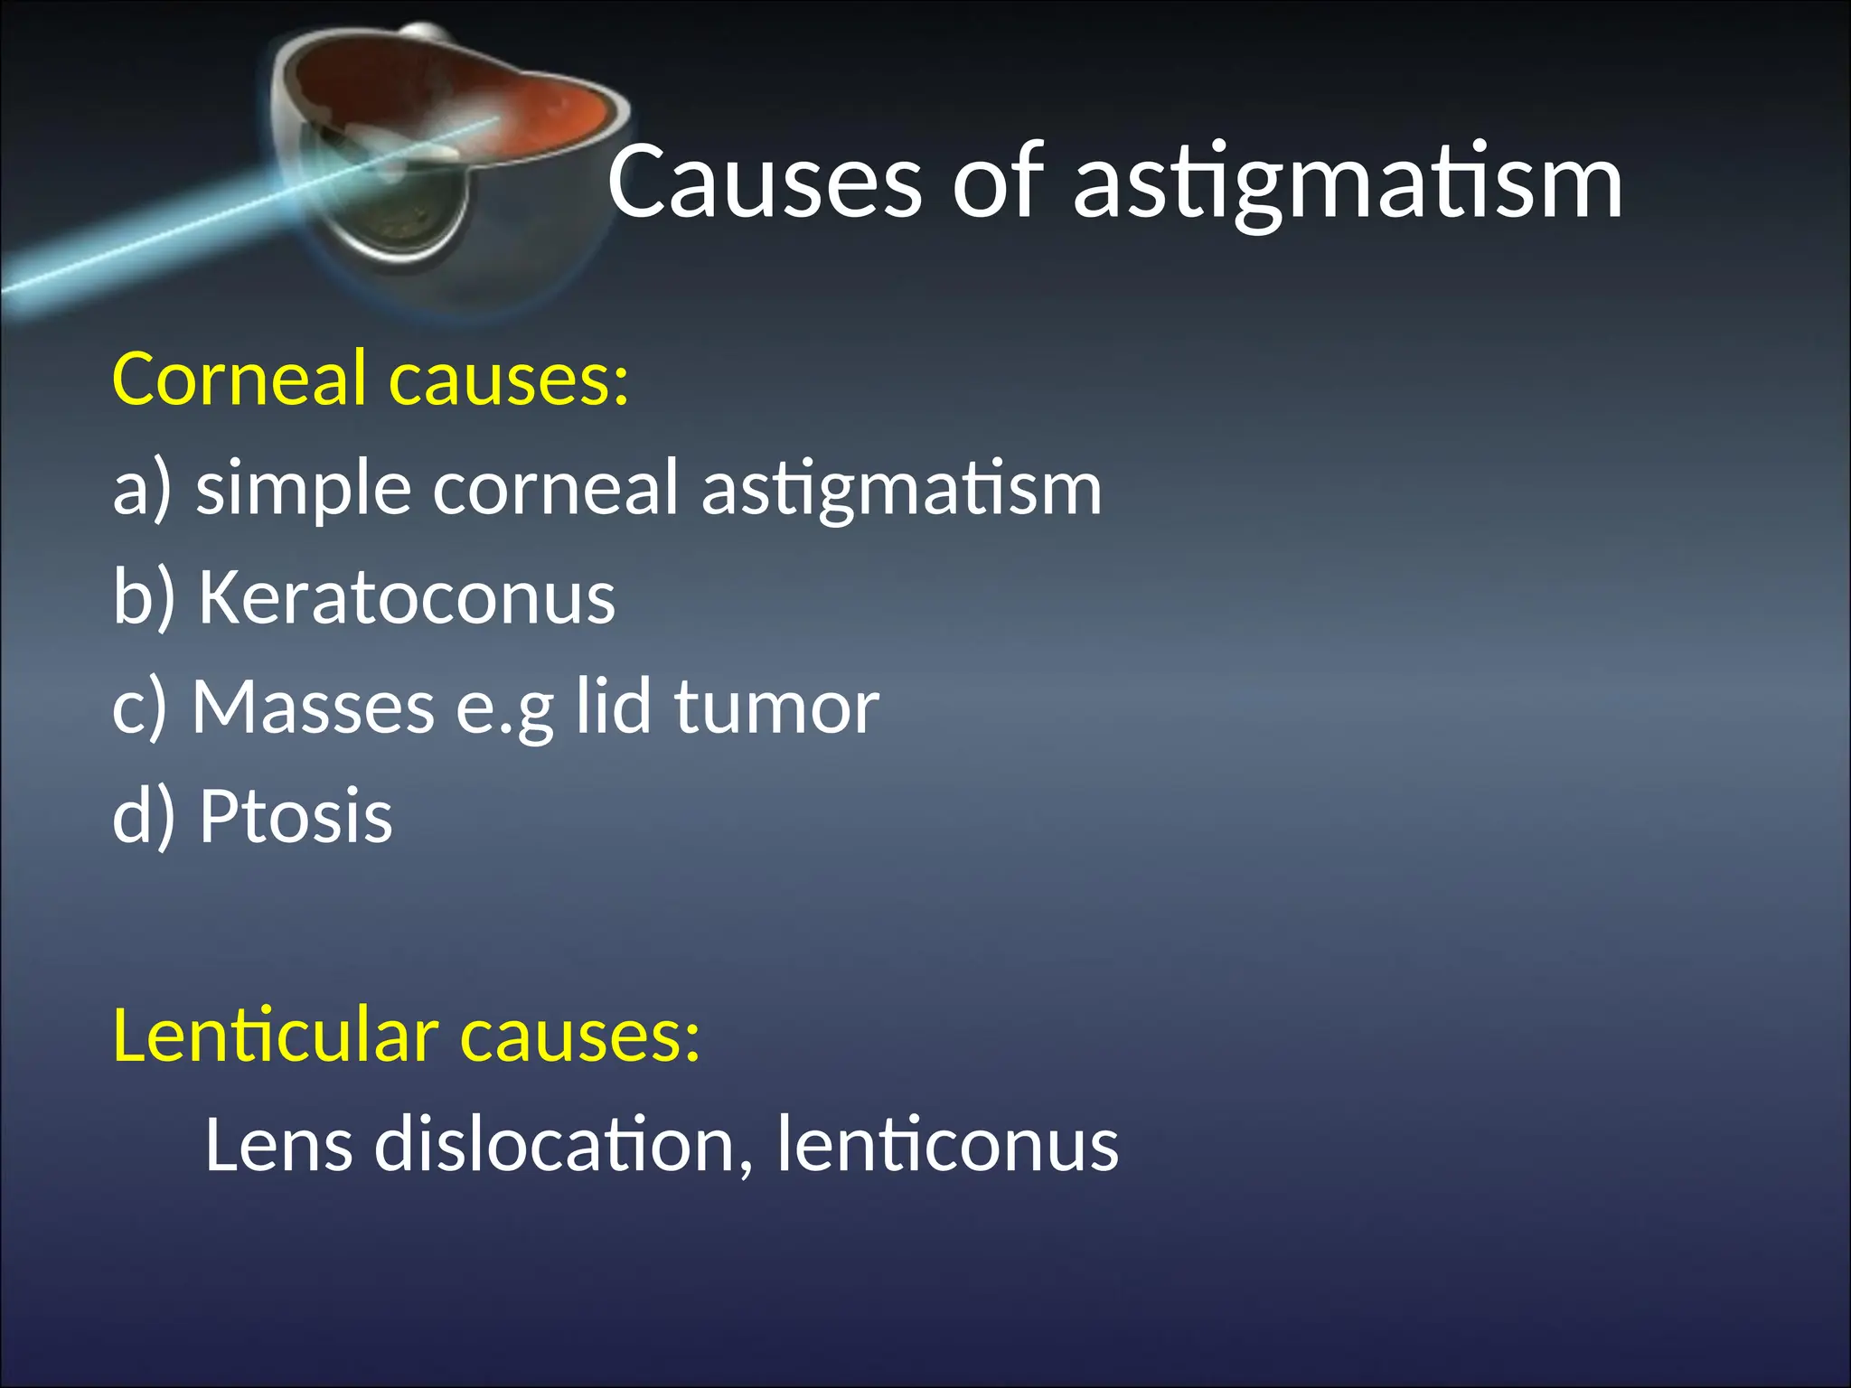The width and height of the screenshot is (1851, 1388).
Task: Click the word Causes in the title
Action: click(765, 183)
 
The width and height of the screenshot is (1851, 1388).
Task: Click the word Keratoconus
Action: click(407, 597)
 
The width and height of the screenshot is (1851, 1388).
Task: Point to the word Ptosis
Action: click(296, 816)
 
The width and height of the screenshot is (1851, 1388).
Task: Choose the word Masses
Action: click(313, 708)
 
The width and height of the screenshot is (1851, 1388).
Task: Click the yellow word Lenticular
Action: click(276, 1036)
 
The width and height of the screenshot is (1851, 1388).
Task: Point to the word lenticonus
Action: click(947, 1145)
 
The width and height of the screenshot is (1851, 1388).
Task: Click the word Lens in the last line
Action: click(278, 1145)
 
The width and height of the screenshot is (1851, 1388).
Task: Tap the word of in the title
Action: click(997, 183)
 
